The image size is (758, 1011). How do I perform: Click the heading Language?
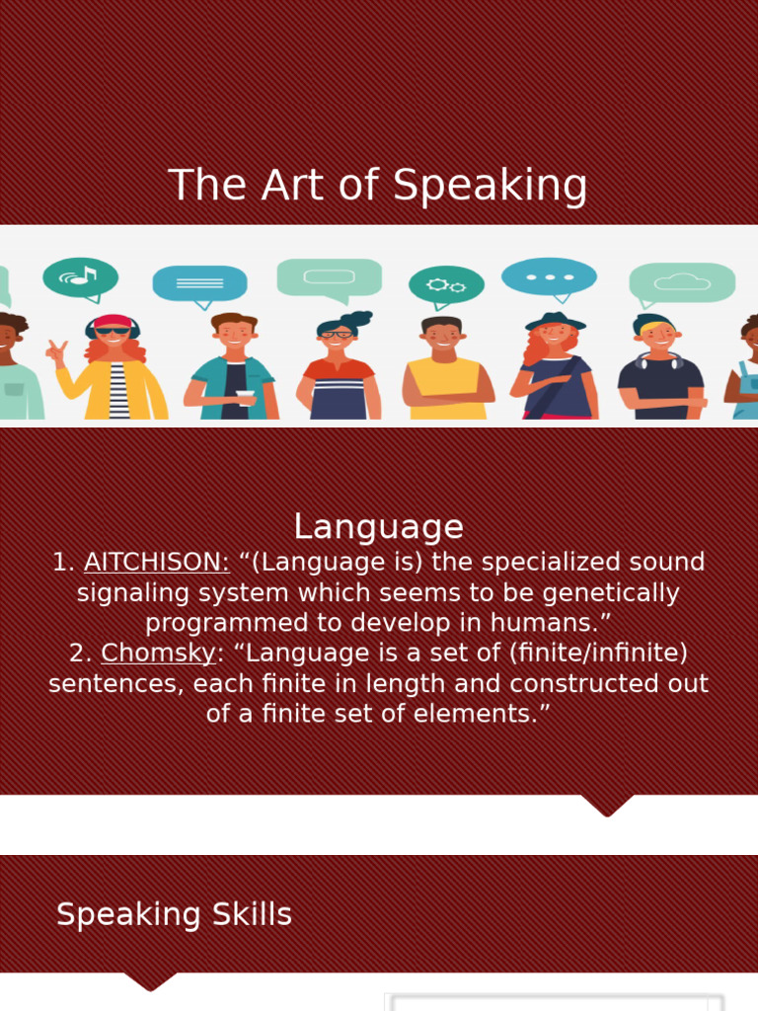click(x=378, y=526)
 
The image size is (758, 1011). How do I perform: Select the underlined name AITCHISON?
click(x=156, y=563)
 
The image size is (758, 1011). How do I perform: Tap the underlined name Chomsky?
click(x=158, y=654)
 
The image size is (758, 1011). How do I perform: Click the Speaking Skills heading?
click(x=174, y=914)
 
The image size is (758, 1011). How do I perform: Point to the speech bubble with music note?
click(x=81, y=277)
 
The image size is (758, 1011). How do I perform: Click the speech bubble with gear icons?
click(x=446, y=285)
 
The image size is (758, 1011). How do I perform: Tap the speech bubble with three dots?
click(x=549, y=276)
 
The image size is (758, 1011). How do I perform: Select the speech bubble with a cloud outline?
click(x=682, y=282)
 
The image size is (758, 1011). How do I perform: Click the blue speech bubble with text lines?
click(x=199, y=283)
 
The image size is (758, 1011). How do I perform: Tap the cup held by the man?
click(x=245, y=398)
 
